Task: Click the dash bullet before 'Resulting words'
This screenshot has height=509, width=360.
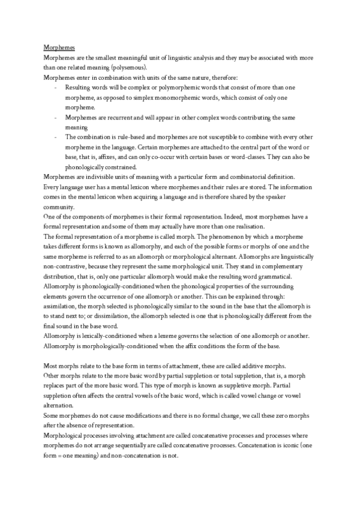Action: click(x=55, y=88)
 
